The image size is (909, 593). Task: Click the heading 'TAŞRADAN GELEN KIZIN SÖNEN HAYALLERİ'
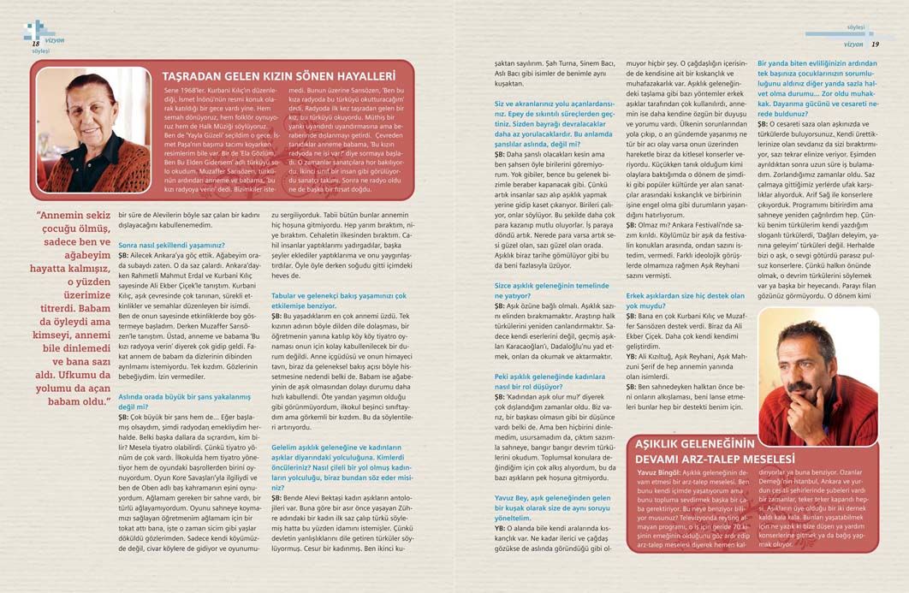pyautogui.click(x=278, y=76)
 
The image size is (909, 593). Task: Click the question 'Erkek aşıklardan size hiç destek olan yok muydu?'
pyautogui.click(x=684, y=299)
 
